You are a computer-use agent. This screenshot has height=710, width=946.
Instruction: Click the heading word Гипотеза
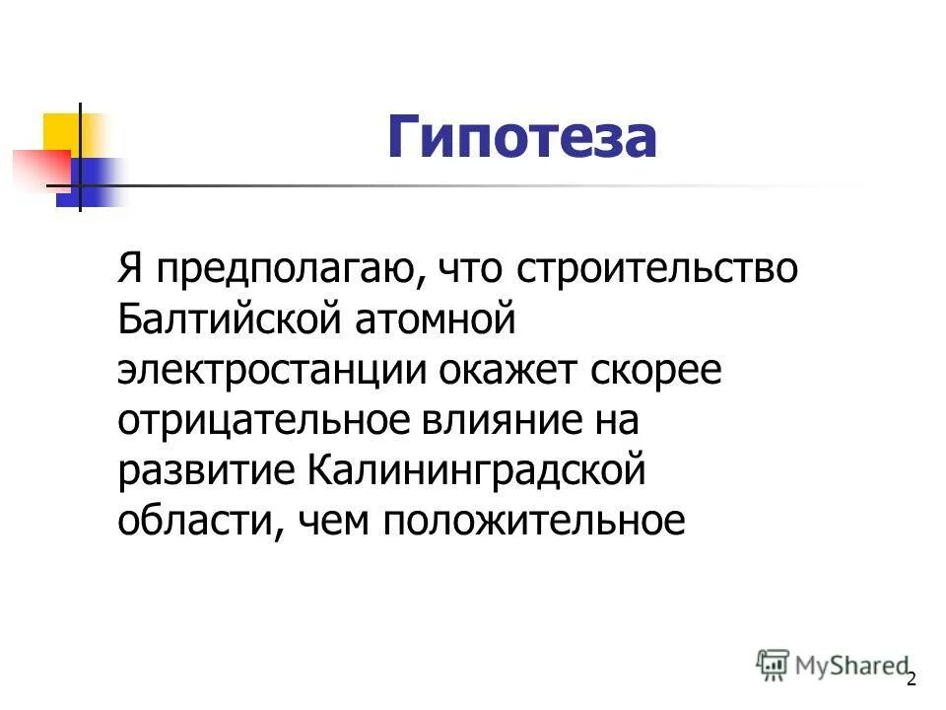(521, 137)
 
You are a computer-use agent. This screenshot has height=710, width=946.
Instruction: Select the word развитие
(206, 471)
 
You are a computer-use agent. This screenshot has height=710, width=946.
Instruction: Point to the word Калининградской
(476, 471)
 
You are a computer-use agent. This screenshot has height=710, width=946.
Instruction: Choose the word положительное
(533, 521)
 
